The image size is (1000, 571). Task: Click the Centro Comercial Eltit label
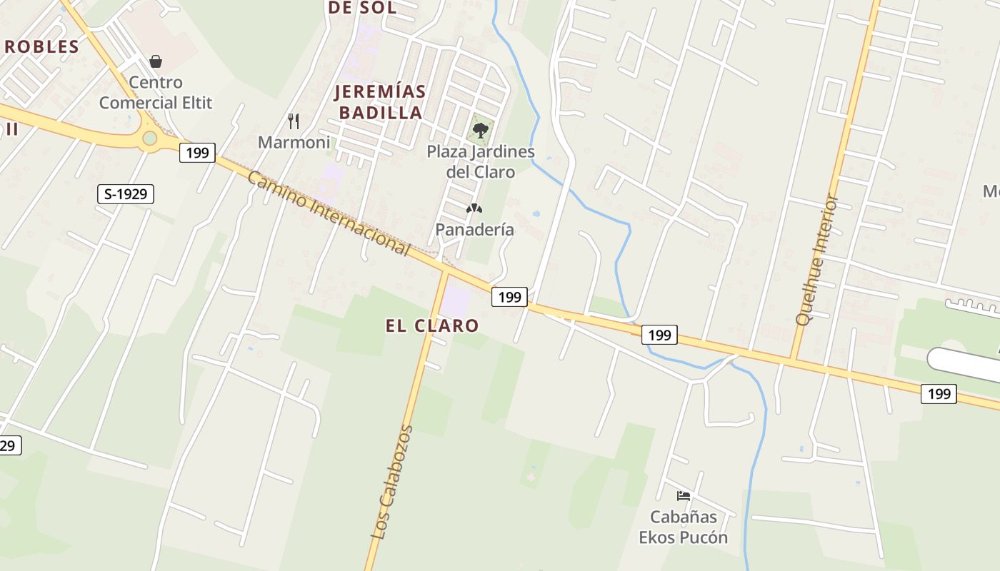(155, 93)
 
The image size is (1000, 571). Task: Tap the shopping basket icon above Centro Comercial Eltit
(156, 62)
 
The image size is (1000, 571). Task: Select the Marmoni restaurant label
(294, 142)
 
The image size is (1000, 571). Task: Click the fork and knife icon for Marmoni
(294, 121)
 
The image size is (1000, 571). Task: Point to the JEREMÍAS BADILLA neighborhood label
(380, 102)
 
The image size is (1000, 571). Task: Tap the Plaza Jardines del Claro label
(481, 161)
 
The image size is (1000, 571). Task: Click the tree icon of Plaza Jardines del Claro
(481, 130)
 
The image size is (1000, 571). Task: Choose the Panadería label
(474, 229)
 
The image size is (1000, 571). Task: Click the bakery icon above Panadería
(474, 208)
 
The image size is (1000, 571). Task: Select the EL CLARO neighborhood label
(432, 325)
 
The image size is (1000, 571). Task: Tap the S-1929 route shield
(126, 193)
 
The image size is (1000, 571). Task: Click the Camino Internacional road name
(329, 213)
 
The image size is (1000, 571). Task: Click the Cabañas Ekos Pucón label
(683, 527)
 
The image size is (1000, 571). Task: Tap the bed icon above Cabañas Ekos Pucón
(684, 495)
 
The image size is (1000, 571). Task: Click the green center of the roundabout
(149, 138)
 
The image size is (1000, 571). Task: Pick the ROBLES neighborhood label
(41, 47)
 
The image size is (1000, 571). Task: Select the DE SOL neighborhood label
(361, 8)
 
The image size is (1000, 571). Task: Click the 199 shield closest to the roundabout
(197, 152)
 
